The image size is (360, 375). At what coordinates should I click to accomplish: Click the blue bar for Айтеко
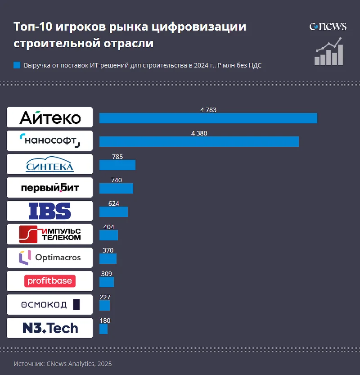(x=208, y=118)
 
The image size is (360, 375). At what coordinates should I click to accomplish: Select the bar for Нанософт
(x=199, y=141)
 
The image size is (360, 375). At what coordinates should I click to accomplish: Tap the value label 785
(x=117, y=157)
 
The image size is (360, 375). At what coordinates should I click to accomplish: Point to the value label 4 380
(x=199, y=133)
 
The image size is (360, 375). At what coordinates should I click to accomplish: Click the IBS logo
(x=49, y=211)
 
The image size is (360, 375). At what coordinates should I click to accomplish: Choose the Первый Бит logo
(x=49, y=187)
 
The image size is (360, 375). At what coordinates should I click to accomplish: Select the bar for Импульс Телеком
(x=108, y=235)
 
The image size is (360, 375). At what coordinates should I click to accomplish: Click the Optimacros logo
(x=49, y=258)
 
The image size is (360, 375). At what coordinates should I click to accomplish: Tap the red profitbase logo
(x=49, y=281)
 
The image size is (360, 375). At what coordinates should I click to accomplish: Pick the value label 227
(x=105, y=297)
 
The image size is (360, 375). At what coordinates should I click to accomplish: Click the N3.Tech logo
(x=49, y=328)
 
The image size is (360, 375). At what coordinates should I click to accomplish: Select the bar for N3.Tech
(x=103, y=329)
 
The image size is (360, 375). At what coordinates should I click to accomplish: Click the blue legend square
(x=17, y=65)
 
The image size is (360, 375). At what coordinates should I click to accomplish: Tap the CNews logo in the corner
(x=328, y=26)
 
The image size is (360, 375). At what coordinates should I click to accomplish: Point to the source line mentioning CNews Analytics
(x=63, y=363)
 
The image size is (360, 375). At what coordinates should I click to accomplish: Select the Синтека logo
(x=49, y=164)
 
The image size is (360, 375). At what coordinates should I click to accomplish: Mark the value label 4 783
(x=208, y=110)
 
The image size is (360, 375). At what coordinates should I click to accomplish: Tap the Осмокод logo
(x=49, y=305)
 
